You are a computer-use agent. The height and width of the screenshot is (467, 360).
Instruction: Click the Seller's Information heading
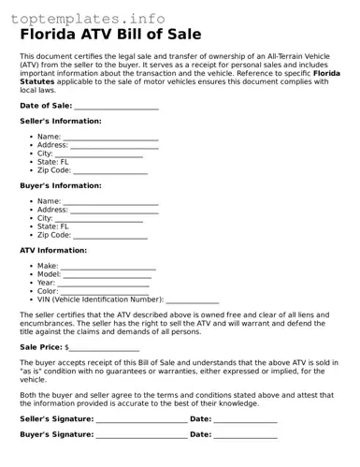[61, 122]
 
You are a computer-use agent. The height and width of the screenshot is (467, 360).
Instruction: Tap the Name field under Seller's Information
[110, 138]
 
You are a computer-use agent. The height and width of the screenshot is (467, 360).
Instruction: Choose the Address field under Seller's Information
[114, 146]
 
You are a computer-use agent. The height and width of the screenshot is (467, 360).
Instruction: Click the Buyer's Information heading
[61, 186]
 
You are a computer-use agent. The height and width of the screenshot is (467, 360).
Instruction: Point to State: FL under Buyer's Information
[53, 226]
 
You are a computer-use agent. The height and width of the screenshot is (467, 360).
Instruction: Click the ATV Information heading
[53, 251]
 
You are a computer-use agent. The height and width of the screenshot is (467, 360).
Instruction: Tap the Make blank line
[108, 267]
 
